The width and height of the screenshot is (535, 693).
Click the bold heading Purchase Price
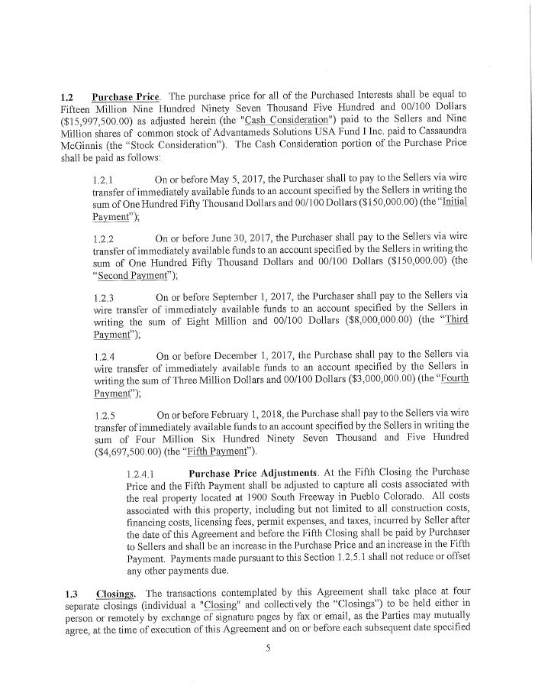pyautogui.click(x=126, y=97)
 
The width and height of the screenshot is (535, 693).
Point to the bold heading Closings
pyautogui.click(x=116, y=593)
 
